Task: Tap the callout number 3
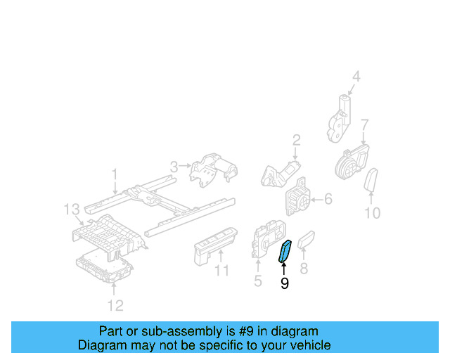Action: click(x=173, y=167)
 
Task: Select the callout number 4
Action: click(x=356, y=77)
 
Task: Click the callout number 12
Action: click(x=115, y=304)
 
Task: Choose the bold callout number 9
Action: click(x=284, y=283)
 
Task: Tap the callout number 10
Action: click(x=372, y=212)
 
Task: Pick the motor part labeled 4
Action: click(x=340, y=117)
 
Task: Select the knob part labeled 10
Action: click(x=371, y=179)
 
